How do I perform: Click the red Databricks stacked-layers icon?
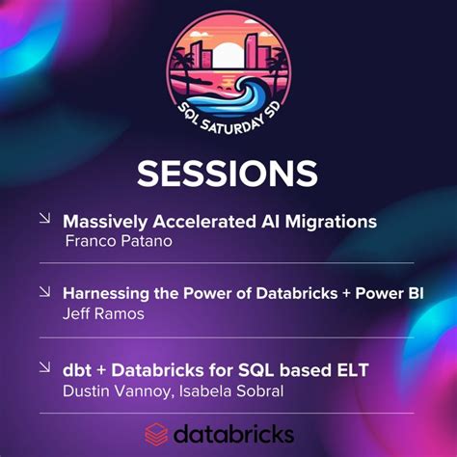(x=157, y=432)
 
